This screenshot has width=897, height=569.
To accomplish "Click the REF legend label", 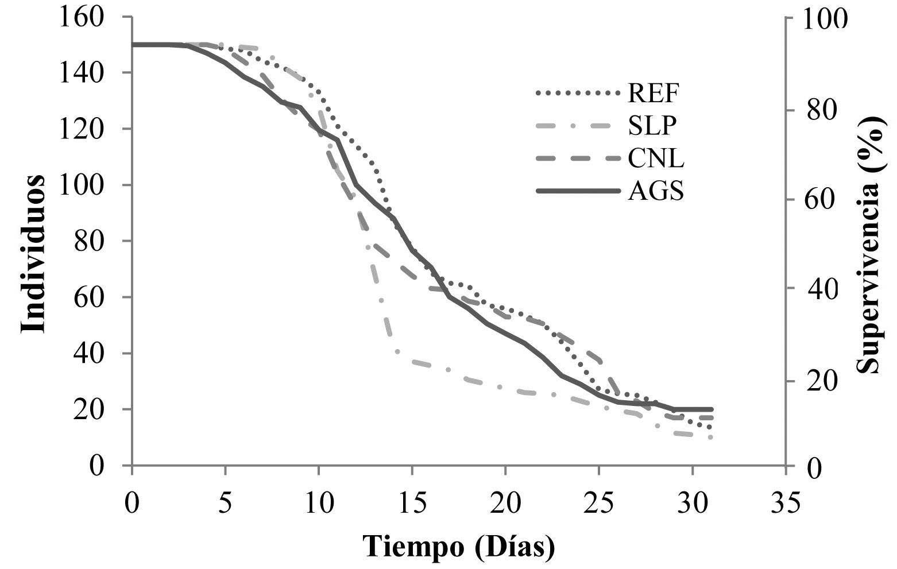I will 653,92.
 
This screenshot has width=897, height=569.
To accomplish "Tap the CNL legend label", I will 655,158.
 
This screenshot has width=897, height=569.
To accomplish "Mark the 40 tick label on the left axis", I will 90,354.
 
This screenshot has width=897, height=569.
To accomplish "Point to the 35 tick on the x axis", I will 785,505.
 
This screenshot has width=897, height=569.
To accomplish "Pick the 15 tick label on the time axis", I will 412,505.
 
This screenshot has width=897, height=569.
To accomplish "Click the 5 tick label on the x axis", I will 225,505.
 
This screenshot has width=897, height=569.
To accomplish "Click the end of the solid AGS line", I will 712,409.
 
